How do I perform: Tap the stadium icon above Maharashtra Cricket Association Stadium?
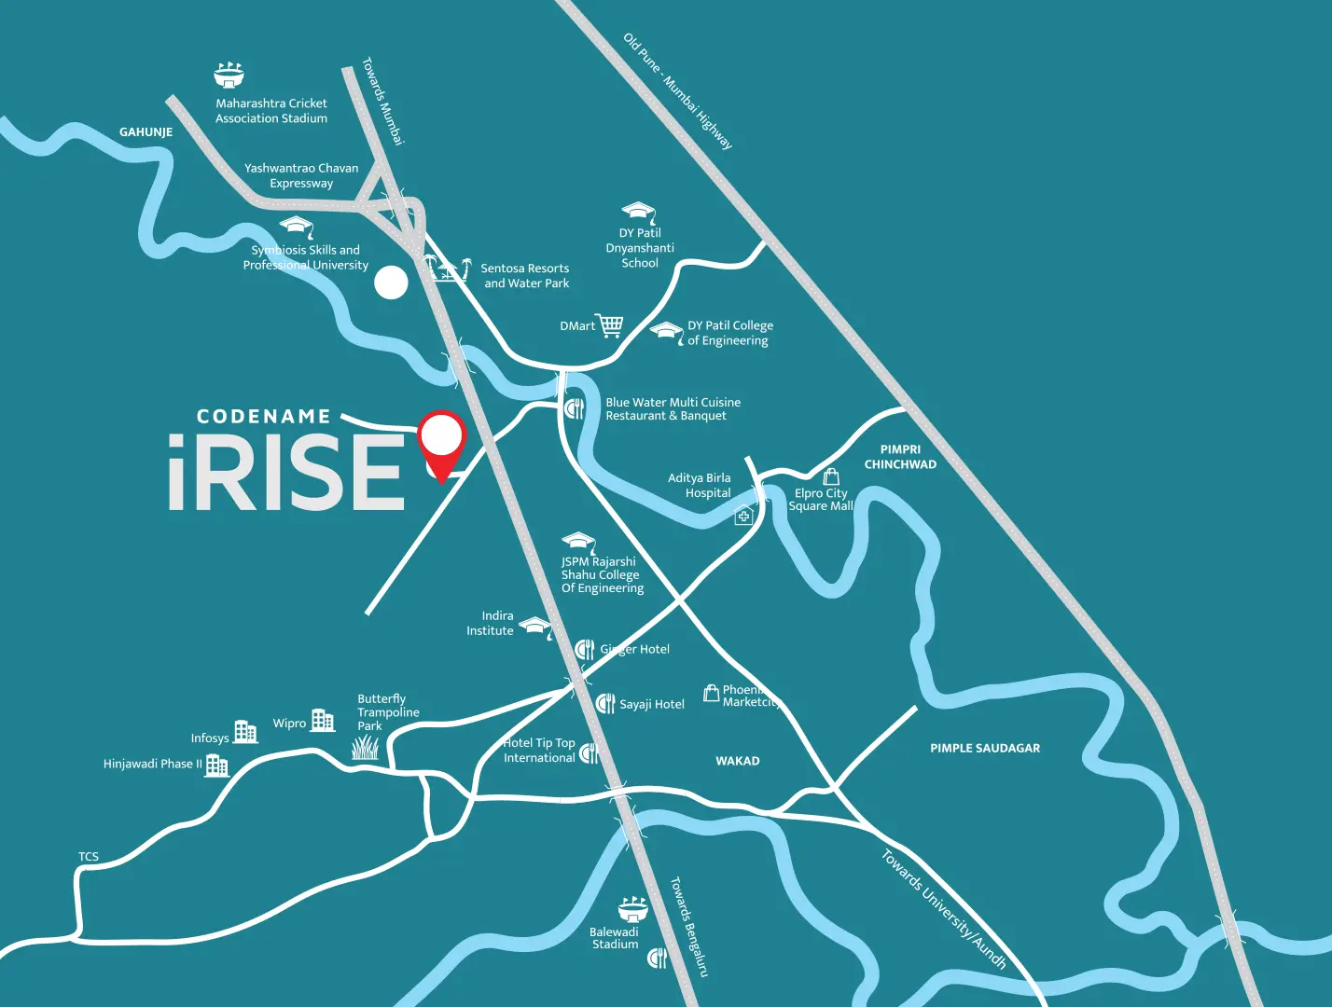[229, 76]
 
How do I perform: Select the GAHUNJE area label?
[146, 132]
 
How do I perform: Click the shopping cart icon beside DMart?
[610, 325]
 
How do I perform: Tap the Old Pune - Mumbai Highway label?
[678, 91]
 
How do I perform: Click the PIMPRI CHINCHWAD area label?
[900, 457]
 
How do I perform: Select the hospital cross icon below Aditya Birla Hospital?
[743, 516]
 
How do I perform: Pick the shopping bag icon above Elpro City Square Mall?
[831, 476]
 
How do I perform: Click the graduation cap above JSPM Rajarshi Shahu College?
[578, 542]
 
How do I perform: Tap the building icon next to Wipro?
[323, 720]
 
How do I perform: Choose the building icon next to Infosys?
[245, 732]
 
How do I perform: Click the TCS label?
[89, 857]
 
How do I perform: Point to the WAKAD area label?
[737, 761]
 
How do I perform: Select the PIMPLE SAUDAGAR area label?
[984, 748]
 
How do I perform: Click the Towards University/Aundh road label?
[944, 909]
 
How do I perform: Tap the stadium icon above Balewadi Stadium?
[632, 909]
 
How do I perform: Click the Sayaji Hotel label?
[652, 704]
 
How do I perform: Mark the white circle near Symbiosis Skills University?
[391, 283]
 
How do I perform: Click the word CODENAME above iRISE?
[264, 417]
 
